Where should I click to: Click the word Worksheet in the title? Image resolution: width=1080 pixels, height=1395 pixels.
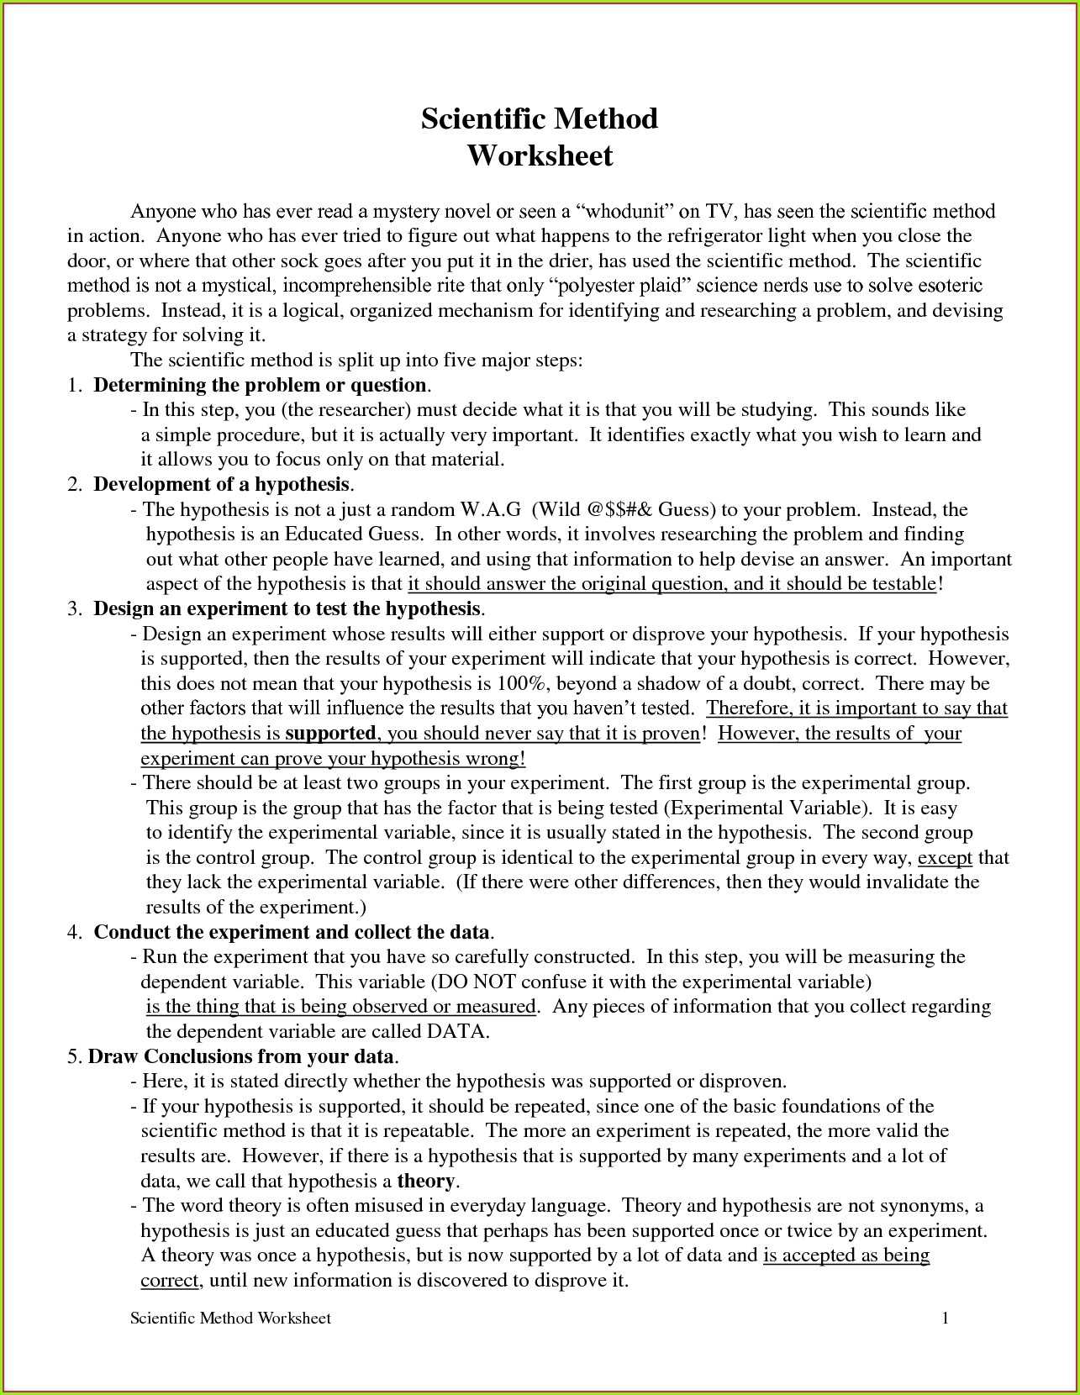pyautogui.click(x=540, y=156)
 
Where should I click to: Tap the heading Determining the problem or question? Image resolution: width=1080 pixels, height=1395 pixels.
pyautogui.click(x=260, y=386)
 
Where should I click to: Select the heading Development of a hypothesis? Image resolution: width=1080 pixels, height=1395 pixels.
pyautogui.click(x=221, y=485)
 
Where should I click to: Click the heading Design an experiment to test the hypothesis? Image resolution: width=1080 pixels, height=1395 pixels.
pyautogui.click(x=287, y=609)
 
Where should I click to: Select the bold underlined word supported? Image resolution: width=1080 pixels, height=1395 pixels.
pyautogui.click(x=330, y=734)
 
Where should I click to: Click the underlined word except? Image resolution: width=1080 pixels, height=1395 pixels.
pyautogui.click(x=945, y=858)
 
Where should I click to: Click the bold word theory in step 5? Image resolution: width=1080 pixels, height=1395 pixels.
pyautogui.click(x=425, y=1182)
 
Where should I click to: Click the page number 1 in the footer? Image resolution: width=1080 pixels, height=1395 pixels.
pyautogui.click(x=946, y=1319)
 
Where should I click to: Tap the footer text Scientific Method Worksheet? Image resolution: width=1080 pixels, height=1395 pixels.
pyautogui.click(x=230, y=1319)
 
